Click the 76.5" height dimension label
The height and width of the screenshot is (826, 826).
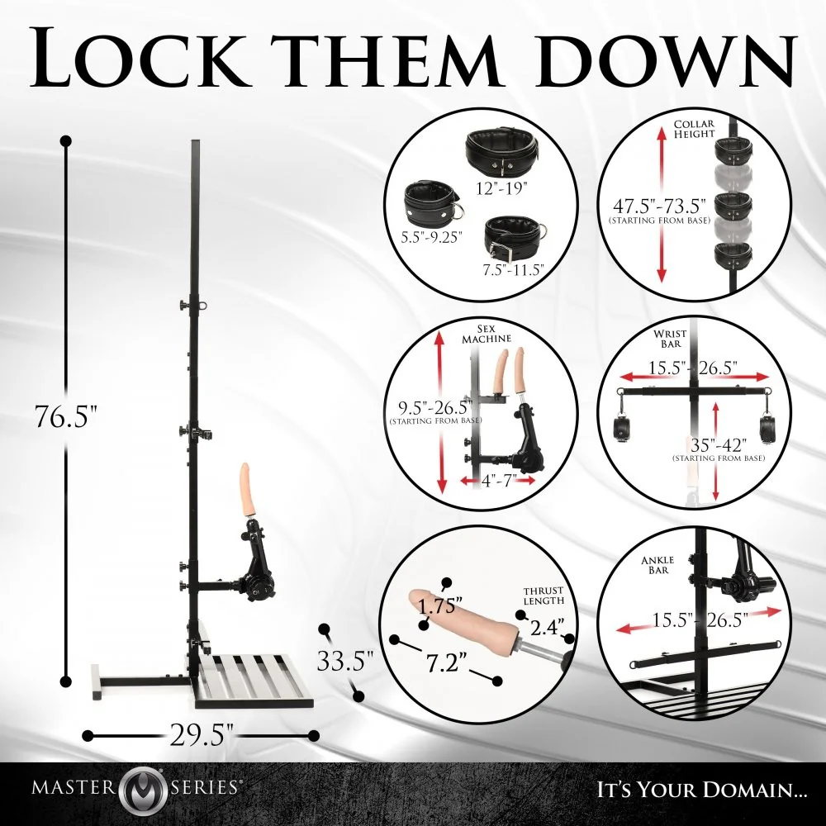coord(66,415)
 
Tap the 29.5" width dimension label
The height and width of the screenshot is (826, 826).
coord(202,734)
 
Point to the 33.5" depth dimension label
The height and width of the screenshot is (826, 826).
coord(345,661)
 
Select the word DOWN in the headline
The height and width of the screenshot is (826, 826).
coord(665,56)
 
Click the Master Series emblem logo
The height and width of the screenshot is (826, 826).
coord(142,789)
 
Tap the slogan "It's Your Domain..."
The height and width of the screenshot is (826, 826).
coord(695,790)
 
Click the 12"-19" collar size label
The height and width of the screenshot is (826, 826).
coord(501,188)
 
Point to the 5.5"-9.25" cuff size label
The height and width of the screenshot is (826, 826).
coord(431,237)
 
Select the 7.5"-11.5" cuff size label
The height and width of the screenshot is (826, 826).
coord(513,270)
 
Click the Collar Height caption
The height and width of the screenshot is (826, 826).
coord(695,129)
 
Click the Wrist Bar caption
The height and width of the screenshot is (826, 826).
coord(670,338)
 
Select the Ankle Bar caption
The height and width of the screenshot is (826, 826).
coord(657,565)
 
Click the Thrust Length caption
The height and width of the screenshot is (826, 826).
coord(544,596)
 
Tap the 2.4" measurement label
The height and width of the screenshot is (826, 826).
coord(546,627)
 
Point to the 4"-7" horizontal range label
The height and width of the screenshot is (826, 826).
coord(497,481)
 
